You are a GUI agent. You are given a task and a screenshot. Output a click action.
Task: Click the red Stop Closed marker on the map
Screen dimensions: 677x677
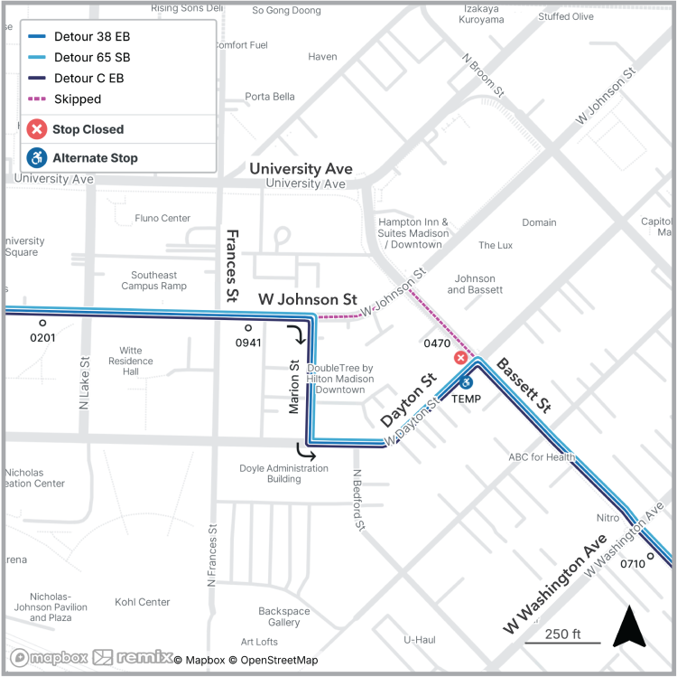coord(460,358)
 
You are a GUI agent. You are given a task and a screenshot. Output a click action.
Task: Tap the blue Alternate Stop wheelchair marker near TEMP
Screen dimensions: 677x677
coord(467,382)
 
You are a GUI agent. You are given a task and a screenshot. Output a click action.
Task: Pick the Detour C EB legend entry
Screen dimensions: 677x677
coord(88,79)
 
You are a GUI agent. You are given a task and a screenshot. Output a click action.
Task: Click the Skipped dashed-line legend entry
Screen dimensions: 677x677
coord(78,99)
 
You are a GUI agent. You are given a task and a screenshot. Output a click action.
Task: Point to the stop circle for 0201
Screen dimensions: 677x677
coord(42,323)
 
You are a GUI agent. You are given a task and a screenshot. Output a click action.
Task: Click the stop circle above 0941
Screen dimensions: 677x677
coord(248,328)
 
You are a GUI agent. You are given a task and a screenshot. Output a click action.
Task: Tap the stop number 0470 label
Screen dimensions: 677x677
coord(437,343)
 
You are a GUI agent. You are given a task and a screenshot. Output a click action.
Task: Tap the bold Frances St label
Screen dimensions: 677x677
coord(232,265)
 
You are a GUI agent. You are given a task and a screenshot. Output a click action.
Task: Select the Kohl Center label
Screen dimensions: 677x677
coord(143,602)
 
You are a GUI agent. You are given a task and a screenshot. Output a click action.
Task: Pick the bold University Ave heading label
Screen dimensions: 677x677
coord(301,169)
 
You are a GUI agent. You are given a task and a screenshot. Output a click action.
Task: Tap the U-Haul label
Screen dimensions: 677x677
coord(420,640)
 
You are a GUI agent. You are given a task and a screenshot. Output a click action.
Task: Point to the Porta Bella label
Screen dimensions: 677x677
coord(270,97)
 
